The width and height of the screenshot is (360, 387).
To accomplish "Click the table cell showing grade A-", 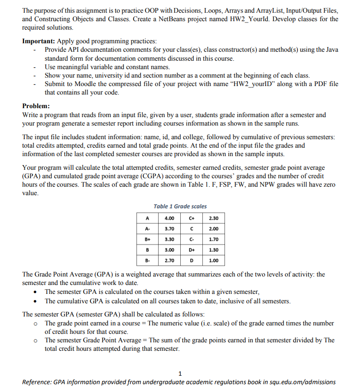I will tap(148, 229).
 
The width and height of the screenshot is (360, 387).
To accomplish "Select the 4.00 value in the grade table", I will tap(169, 218).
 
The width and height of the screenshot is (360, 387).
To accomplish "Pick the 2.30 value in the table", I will tap(213, 218).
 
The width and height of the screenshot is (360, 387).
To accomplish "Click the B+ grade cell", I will tap(148, 239).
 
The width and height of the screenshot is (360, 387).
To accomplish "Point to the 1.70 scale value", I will tap(213, 239).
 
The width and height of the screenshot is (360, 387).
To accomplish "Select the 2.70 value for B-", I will tap(169, 260).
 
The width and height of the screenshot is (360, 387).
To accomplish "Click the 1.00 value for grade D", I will tap(213, 260).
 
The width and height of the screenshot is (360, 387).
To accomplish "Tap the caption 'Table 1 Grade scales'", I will tap(180, 206).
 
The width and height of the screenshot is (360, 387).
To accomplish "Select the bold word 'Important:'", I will tap(39, 41).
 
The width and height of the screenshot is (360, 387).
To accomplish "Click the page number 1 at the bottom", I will tap(180, 373).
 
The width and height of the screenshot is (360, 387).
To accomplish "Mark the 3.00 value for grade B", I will tap(169, 250).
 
